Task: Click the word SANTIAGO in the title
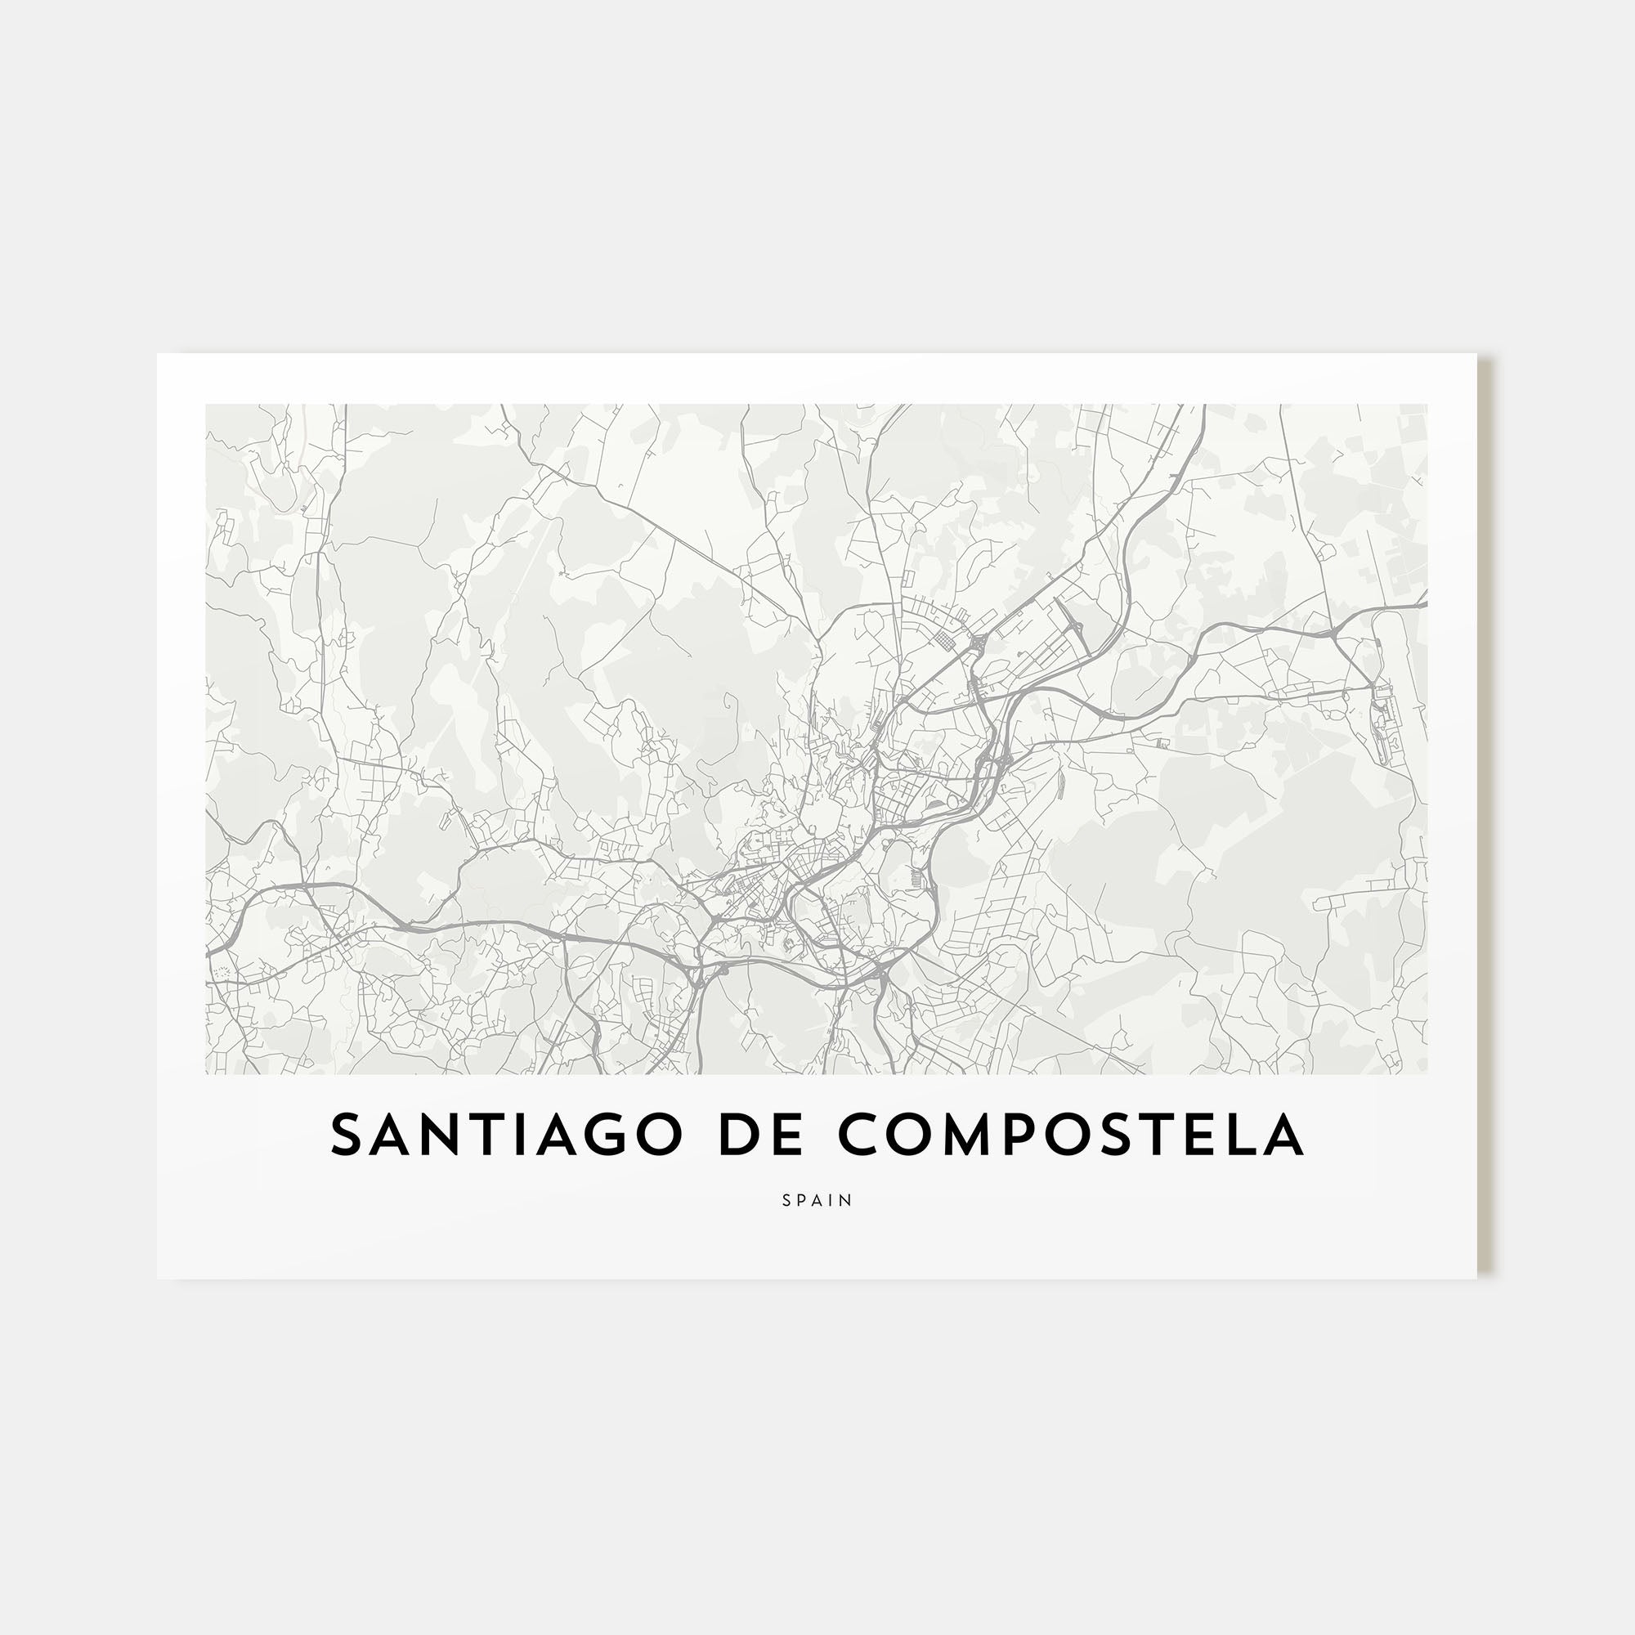(x=505, y=1135)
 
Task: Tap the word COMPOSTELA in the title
(x=1071, y=1135)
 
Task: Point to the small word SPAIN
(x=817, y=1200)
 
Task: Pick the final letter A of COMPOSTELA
(x=1283, y=1135)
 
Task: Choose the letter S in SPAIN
(x=786, y=1200)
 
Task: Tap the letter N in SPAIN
(x=848, y=1200)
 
